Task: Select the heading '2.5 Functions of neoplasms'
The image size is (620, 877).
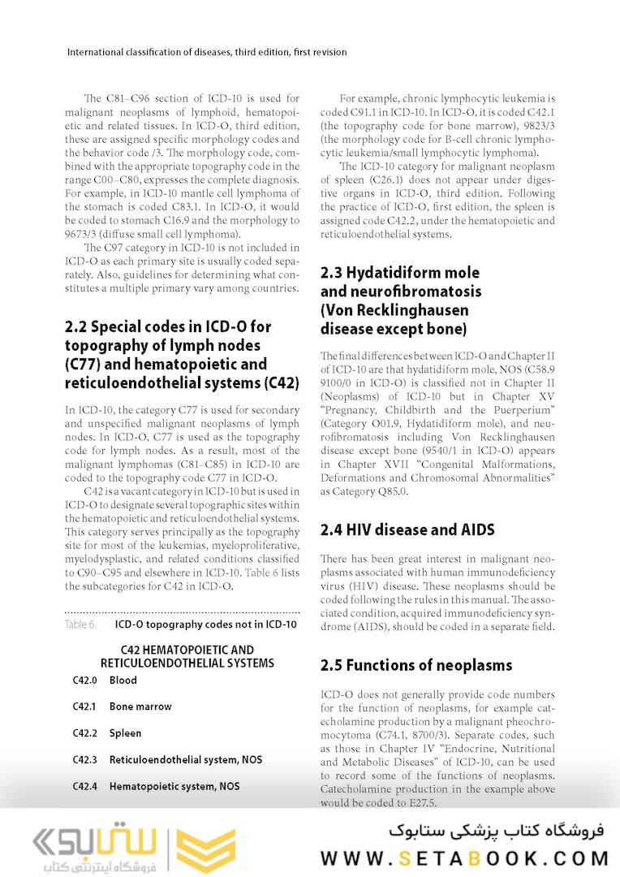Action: click(x=416, y=665)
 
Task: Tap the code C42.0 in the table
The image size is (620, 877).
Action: click(x=84, y=680)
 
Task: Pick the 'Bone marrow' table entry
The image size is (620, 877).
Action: click(x=140, y=706)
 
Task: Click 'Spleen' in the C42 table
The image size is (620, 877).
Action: click(x=125, y=733)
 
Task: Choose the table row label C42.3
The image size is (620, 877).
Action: click(x=84, y=760)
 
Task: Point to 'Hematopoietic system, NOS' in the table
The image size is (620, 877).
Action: click(x=174, y=786)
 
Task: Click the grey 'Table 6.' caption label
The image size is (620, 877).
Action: click(x=81, y=624)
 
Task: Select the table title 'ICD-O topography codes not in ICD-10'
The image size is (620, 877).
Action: click(x=206, y=624)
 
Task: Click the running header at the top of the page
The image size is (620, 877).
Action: click(x=207, y=52)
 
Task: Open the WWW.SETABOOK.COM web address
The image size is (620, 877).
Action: click(x=465, y=858)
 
